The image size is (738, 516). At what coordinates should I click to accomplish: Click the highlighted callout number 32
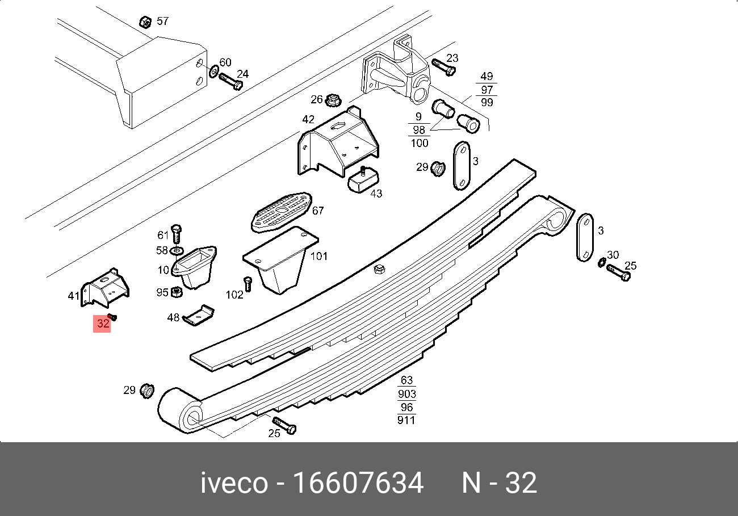tap(103, 324)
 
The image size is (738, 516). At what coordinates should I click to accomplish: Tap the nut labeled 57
tap(145, 22)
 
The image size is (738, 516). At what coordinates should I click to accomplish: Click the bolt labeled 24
tap(230, 81)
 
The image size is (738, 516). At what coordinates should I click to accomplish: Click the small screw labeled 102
tap(248, 283)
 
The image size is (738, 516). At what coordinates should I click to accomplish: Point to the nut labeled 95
tap(177, 292)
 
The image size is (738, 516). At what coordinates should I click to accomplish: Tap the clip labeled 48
tap(199, 316)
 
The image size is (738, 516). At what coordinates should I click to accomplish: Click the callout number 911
tap(406, 420)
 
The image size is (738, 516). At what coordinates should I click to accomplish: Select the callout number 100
tap(420, 142)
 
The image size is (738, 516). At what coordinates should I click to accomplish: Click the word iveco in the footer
tap(233, 484)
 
